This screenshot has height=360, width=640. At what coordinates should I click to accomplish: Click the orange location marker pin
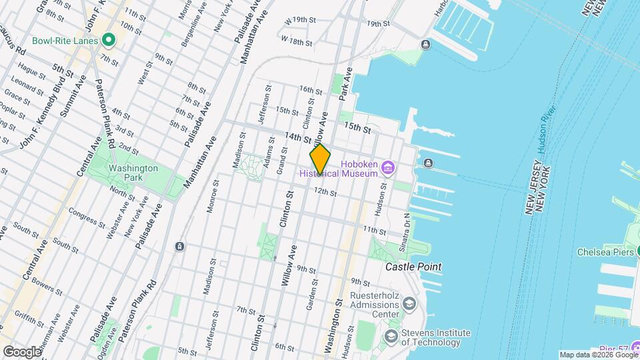point(320,159)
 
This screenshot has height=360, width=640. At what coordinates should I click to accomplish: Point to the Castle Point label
point(413,267)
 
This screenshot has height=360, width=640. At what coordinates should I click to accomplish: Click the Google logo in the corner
point(21,351)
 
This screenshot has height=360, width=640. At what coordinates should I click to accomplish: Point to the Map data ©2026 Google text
point(598,355)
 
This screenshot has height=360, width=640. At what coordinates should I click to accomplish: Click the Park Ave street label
point(345,87)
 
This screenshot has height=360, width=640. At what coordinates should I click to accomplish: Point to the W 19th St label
point(299,21)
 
